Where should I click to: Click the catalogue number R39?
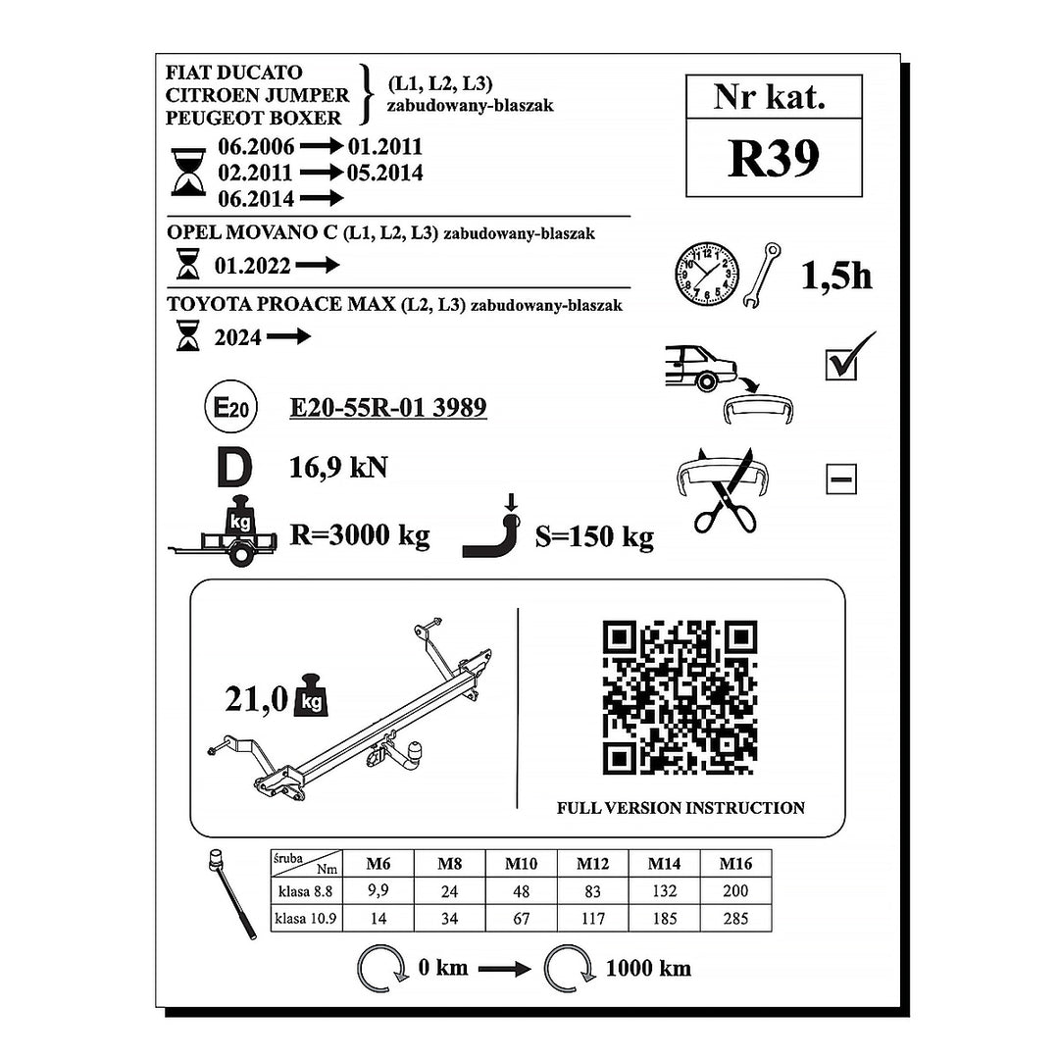coord(774,158)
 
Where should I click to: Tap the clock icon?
coord(706,274)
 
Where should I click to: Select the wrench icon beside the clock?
coord(762,276)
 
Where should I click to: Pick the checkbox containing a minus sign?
coord(841,479)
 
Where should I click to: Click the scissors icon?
coord(726,490)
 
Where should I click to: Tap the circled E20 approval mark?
coord(230,407)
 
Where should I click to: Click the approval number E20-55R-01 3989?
coord(387,407)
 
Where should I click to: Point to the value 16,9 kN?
coord(338,468)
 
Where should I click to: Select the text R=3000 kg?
coord(359,535)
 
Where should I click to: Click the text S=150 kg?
coord(594,536)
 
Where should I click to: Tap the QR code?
coord(680,698)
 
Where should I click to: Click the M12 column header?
coord(592,863)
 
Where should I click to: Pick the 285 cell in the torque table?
coord(734,918)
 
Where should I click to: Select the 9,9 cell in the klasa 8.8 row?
coord(378,890)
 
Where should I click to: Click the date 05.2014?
coord(385,173)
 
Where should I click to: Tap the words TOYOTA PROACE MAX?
coord(281,304)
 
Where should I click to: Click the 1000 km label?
coord(648,968)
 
